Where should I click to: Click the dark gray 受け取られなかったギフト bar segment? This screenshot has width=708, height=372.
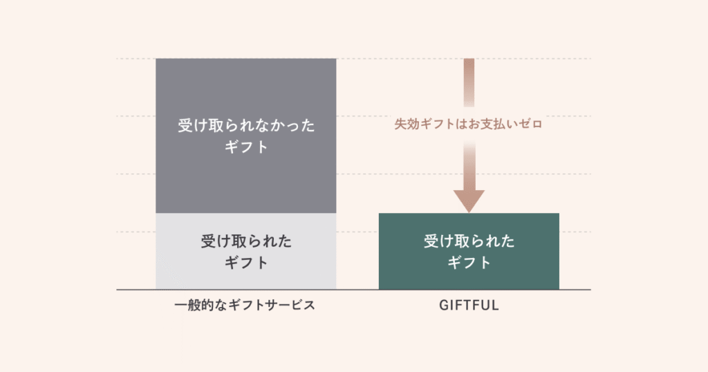245,90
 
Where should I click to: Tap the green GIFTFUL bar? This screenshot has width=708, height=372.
469,277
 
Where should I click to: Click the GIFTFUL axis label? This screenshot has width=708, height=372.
469,305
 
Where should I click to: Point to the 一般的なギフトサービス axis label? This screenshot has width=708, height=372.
245,305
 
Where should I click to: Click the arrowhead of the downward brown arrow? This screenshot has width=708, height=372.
469,201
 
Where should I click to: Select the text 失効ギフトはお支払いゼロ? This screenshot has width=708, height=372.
469,125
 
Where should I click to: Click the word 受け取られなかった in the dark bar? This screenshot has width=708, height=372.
246,126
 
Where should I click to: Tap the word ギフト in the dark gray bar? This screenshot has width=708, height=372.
246,147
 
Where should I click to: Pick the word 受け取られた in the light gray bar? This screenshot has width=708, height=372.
246,241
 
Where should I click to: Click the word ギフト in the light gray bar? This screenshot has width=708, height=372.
246,263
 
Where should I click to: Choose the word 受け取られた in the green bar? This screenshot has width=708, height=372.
469,241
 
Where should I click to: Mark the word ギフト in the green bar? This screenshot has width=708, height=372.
469,263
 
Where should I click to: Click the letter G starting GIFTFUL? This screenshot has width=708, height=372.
443,305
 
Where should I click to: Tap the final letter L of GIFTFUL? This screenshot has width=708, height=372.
495,305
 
